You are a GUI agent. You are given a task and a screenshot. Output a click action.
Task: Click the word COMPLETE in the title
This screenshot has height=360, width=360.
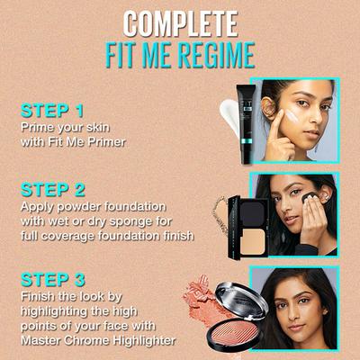(x=180, y=22)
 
